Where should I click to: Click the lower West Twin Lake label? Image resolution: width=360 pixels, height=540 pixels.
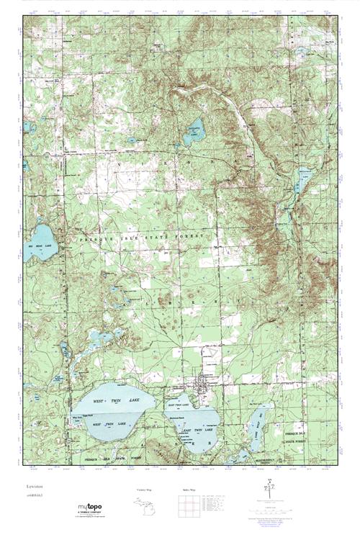(x=106, y=425)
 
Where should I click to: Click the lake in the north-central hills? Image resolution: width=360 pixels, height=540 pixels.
(x=193, y=132)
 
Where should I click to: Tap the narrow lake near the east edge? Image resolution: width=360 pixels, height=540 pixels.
(x=304, y=176)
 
